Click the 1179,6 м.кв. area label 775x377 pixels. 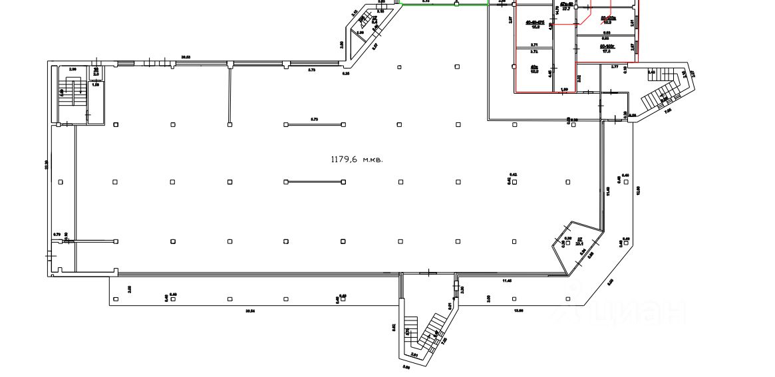tap(357, 160)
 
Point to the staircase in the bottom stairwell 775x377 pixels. tap(426, 332)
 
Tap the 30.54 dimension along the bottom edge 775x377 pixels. tap(250, 311)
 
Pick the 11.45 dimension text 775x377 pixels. tap(508, 281)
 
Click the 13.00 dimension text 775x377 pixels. tap(517, 311)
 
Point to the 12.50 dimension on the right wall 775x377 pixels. tap(637, 189)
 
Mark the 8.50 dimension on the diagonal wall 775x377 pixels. tap(611, 281)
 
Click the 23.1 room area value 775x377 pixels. tap(579, 244)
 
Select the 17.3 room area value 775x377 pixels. tap(607, 51)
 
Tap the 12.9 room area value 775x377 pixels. tap(534, 70)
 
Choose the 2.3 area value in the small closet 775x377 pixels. tap(96, 73)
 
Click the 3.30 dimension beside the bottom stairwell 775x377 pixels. tap(462, 290)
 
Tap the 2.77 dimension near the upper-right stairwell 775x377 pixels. tap(614, 66)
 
